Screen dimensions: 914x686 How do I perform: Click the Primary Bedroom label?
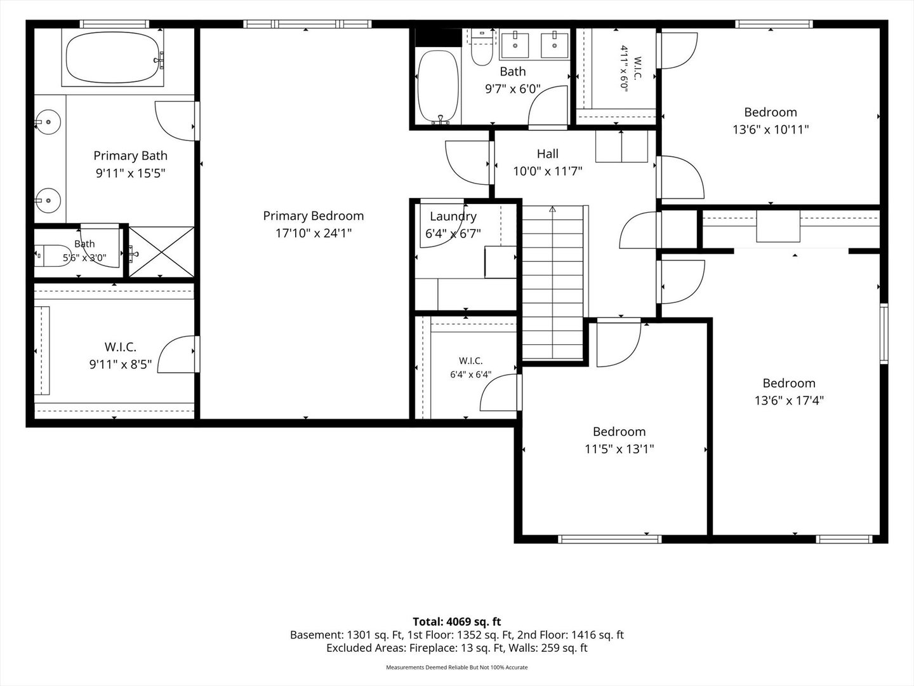click(x=313, y=216)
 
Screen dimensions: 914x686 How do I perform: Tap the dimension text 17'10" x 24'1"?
click(x=313, y=233)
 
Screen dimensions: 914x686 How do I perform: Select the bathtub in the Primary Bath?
click(x=113, y=57)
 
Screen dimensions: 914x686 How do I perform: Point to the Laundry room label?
click(x=453, y=216)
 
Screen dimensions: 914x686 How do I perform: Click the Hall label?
click(x=547, y=154)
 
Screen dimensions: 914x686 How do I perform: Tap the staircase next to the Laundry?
click(x=553, y=282)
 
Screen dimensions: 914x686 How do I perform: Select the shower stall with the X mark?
click(x=161, y=252)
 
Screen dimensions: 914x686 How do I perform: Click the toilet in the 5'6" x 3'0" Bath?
click(x=48, y=255)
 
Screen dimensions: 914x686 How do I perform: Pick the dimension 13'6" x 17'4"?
click(x=789, y=401)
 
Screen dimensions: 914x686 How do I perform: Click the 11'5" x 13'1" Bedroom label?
click(x=619, y=431)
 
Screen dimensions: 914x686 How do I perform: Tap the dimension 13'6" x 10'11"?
click(x=771, y=130)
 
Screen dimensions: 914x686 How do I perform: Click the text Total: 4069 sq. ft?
click(x=457, y=622)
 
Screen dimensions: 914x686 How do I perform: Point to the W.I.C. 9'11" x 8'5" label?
click(x=121, y=347)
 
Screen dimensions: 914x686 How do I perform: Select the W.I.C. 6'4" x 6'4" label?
click(x=470, y=361)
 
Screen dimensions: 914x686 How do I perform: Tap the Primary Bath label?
click(x=130, y=156)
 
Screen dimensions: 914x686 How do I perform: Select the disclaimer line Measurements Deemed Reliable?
click(x=457, y=667)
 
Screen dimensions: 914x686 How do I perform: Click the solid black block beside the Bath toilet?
click(x=438, y=37)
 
